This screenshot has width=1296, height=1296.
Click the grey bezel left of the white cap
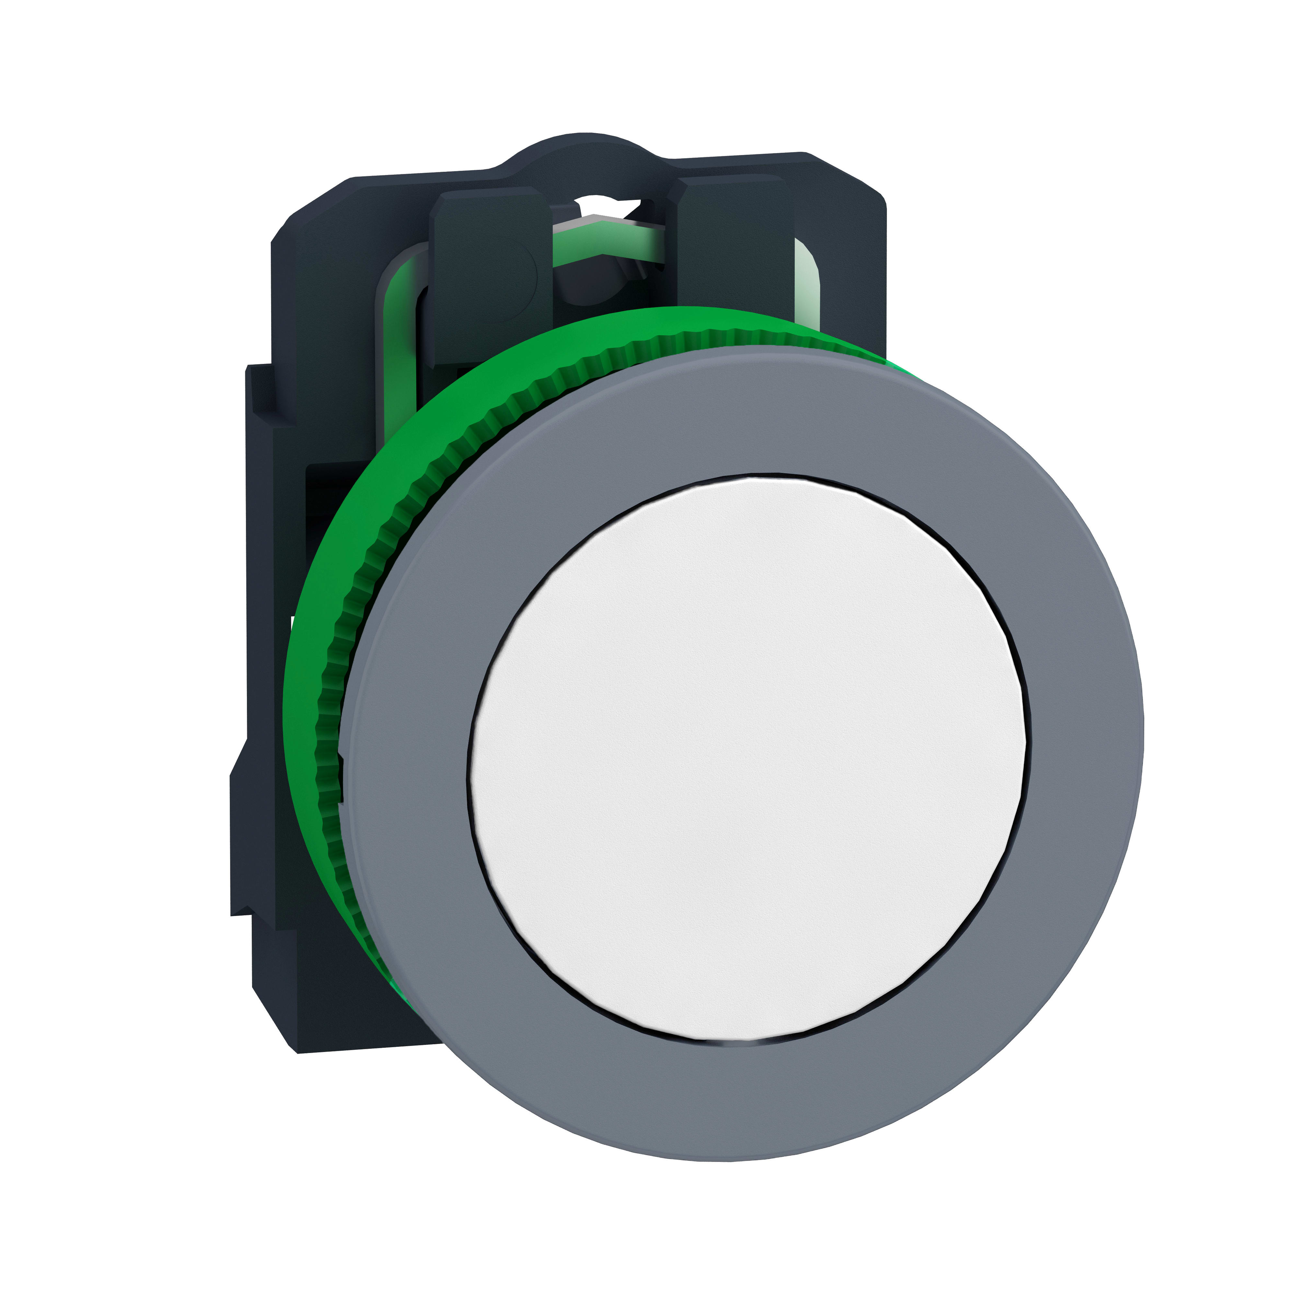409,758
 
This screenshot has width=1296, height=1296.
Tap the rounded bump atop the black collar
577,151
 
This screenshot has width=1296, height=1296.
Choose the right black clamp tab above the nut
731,248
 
